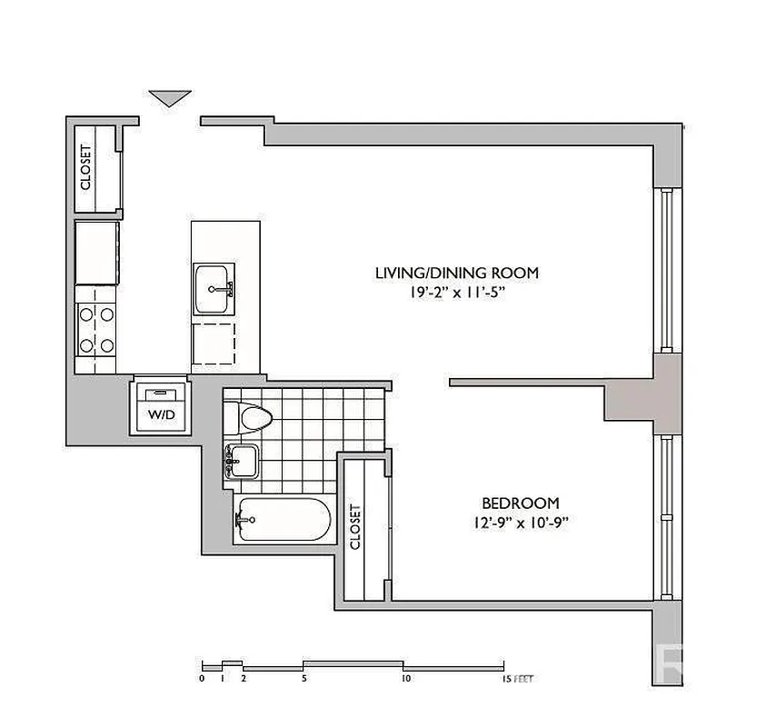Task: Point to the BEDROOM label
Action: [520, 503]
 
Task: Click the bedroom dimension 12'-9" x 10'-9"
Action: [520, 523]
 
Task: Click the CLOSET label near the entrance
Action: [87, 168]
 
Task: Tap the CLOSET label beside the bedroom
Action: [355, 527]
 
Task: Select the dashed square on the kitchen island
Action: [214, 344]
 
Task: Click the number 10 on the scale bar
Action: [404, 678]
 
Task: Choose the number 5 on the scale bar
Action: [304, 678]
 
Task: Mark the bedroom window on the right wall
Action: [666, 518]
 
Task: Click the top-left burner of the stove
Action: [87, 314]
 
